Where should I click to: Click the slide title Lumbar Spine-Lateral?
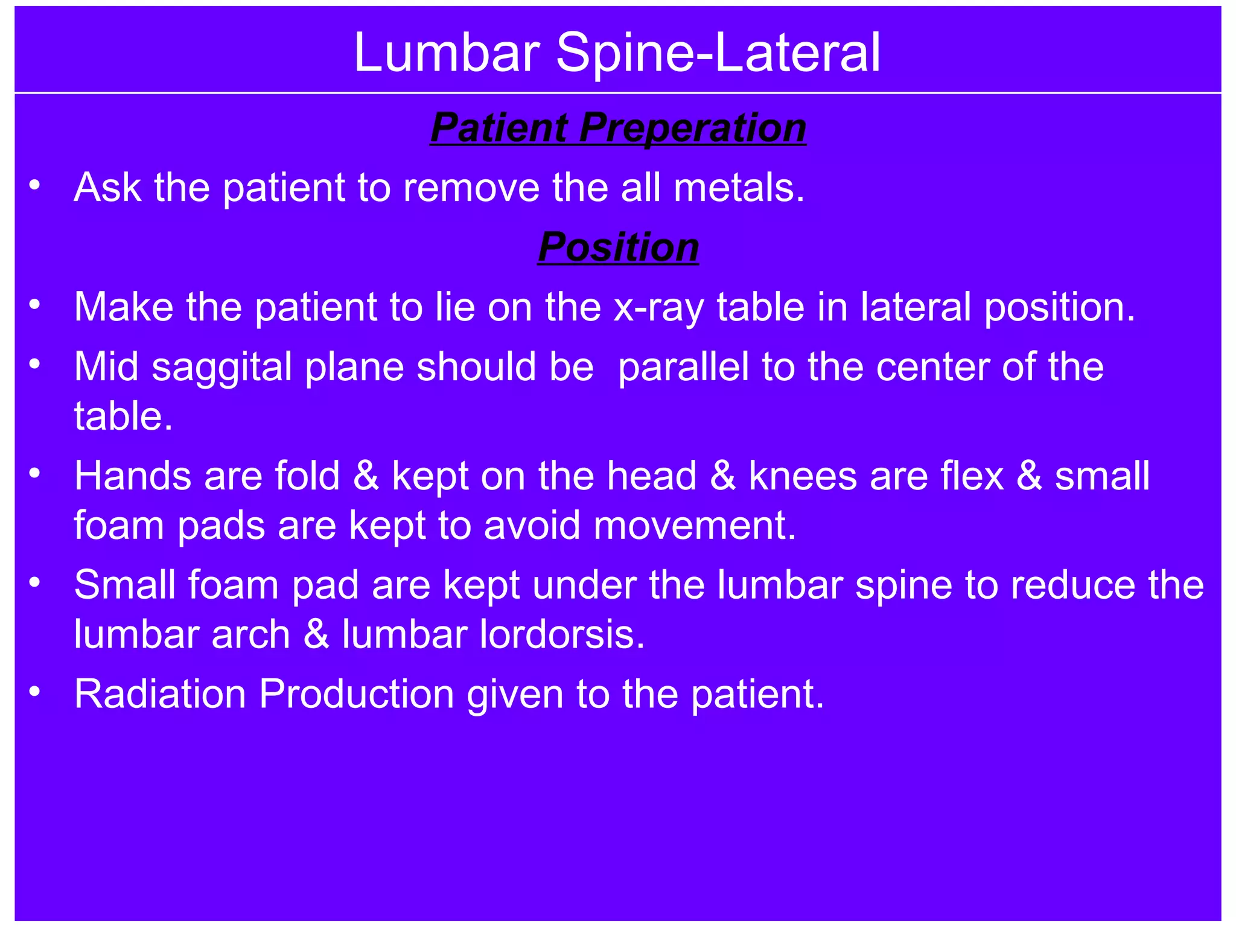pos(617,53)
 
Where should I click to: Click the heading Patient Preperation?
pos(618,128)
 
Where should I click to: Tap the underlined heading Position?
pos(618,247)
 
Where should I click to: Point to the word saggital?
pos(221,368)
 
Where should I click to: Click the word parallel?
pos(683,367)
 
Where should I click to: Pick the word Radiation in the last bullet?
pos(160,694)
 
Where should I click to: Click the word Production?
pos(356,694)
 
